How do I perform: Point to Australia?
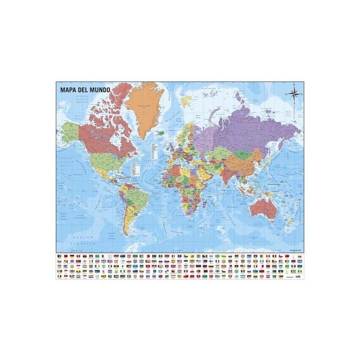click(x=264, y=209)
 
